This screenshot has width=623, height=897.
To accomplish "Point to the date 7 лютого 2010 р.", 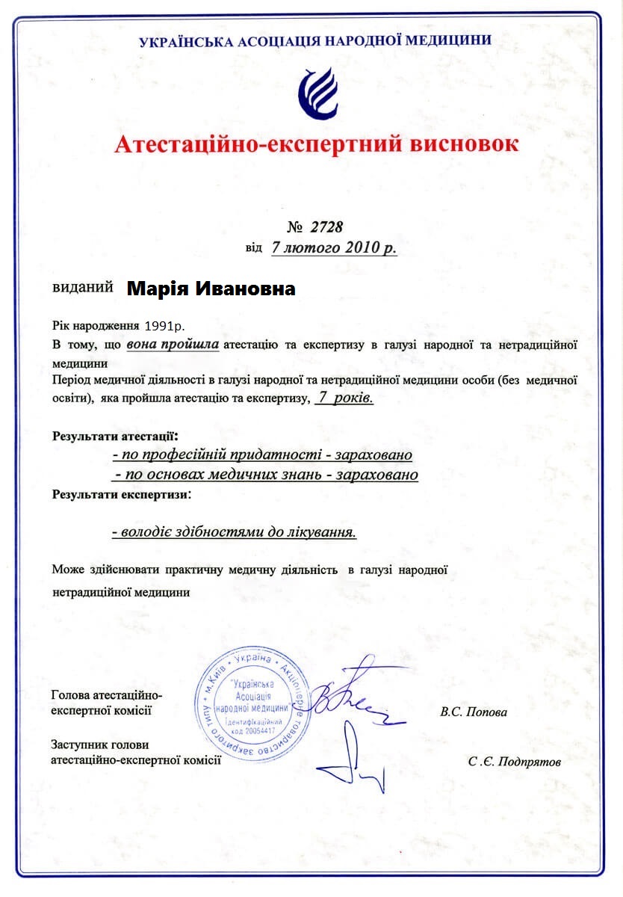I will (334, 248).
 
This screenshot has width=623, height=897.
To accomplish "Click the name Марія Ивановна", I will (211, 289).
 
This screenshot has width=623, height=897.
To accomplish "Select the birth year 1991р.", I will (165, 327).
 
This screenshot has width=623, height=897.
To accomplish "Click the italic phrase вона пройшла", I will (173, 345).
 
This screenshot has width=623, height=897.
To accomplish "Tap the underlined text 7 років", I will (344, 398).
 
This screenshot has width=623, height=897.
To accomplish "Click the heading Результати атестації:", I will (115, 435).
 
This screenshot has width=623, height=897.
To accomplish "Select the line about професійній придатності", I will (262, 454).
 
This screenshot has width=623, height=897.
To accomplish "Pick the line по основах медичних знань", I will (265, 475).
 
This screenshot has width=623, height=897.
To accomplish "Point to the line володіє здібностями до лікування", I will (234, 532).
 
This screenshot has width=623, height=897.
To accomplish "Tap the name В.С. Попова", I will (474, 712).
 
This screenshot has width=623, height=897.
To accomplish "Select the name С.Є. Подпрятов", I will (514, 762).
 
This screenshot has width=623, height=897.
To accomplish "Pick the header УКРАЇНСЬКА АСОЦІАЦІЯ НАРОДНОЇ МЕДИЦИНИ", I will (315, 40).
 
